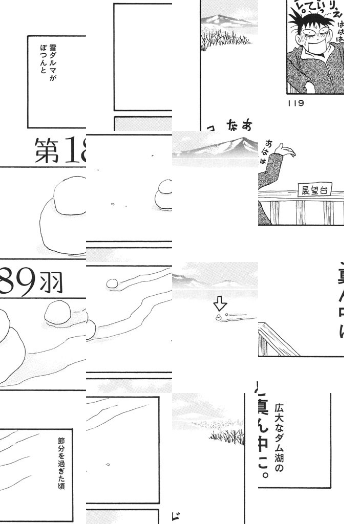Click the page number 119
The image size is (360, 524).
coord(297,103)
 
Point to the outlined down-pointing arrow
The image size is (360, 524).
coord(220,304)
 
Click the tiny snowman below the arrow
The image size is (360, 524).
coord(219,318)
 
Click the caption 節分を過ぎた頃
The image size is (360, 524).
coord(61,463)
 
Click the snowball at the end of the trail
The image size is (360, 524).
coord(112,283)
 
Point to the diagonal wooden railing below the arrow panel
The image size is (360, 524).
coord(277,340)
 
